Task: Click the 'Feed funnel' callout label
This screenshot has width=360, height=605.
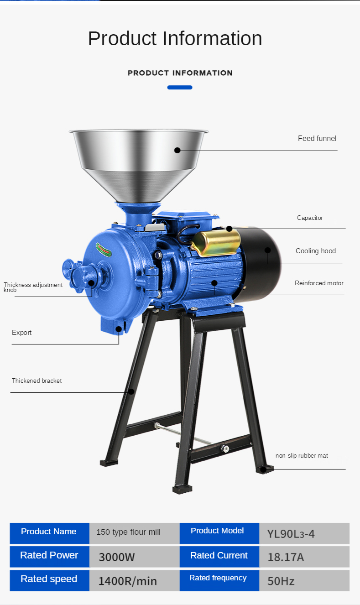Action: click(x=317, y=139)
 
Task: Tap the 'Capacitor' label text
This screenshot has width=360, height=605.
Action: click(x=310, y=218)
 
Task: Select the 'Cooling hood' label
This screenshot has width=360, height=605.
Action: click(x=316, y=251)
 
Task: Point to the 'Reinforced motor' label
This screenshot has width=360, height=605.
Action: click(x=319, y=283)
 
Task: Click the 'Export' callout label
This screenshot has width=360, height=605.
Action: click(x=21, y=333)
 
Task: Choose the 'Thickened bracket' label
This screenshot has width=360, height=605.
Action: click(x=37, y=381)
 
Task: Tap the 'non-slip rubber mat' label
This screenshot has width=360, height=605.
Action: click(x=302, y=456)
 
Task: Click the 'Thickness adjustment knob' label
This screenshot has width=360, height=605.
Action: click(x=33, y=287)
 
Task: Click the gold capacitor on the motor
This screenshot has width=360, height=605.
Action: click(x=216, y=243)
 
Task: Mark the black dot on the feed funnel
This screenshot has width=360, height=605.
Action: click(x=177, y=150)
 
